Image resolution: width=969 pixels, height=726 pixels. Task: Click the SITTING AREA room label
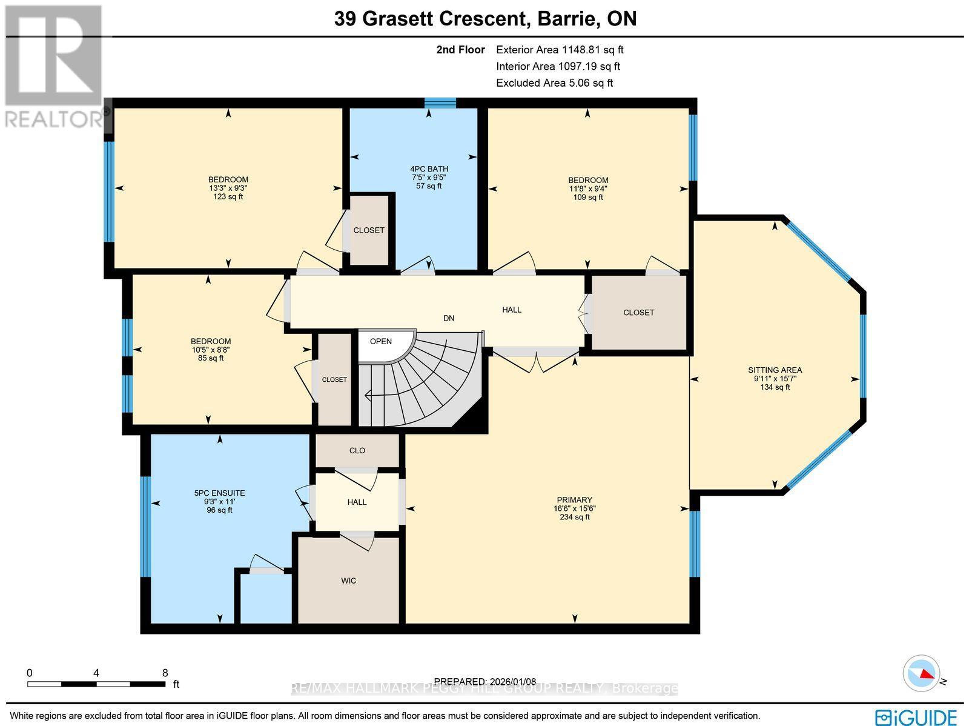775,370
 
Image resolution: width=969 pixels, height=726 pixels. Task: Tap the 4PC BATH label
429,169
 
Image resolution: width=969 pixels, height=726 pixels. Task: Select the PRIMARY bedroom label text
575,500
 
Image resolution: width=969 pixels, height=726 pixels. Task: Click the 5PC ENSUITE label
219,493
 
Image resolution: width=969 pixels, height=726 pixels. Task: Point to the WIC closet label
348,581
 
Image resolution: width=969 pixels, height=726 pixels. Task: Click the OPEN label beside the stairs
380,341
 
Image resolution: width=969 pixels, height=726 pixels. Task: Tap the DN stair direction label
448,318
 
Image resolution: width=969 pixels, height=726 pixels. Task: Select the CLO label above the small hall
357,450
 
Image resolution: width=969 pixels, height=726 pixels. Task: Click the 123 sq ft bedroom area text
228,196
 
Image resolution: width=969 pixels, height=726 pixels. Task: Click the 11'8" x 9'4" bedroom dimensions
587,188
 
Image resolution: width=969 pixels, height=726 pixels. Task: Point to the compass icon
920,673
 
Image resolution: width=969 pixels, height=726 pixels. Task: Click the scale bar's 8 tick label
165,673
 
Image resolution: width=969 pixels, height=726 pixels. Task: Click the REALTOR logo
53,67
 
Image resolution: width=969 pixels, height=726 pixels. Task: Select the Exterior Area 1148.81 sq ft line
559,50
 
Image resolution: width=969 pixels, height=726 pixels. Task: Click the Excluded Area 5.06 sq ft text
554,83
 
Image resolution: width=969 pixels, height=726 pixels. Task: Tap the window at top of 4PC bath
440,103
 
